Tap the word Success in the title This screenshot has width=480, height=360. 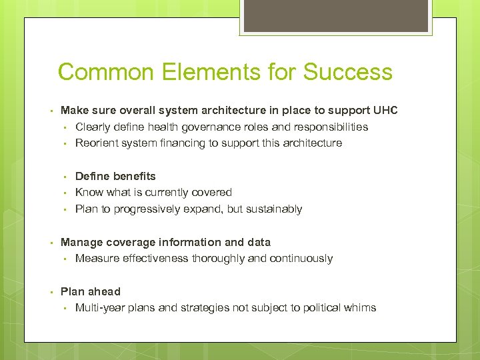tap(348, 72)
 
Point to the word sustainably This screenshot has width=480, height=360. tap(273, 209)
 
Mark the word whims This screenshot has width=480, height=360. tap(360, 307)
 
